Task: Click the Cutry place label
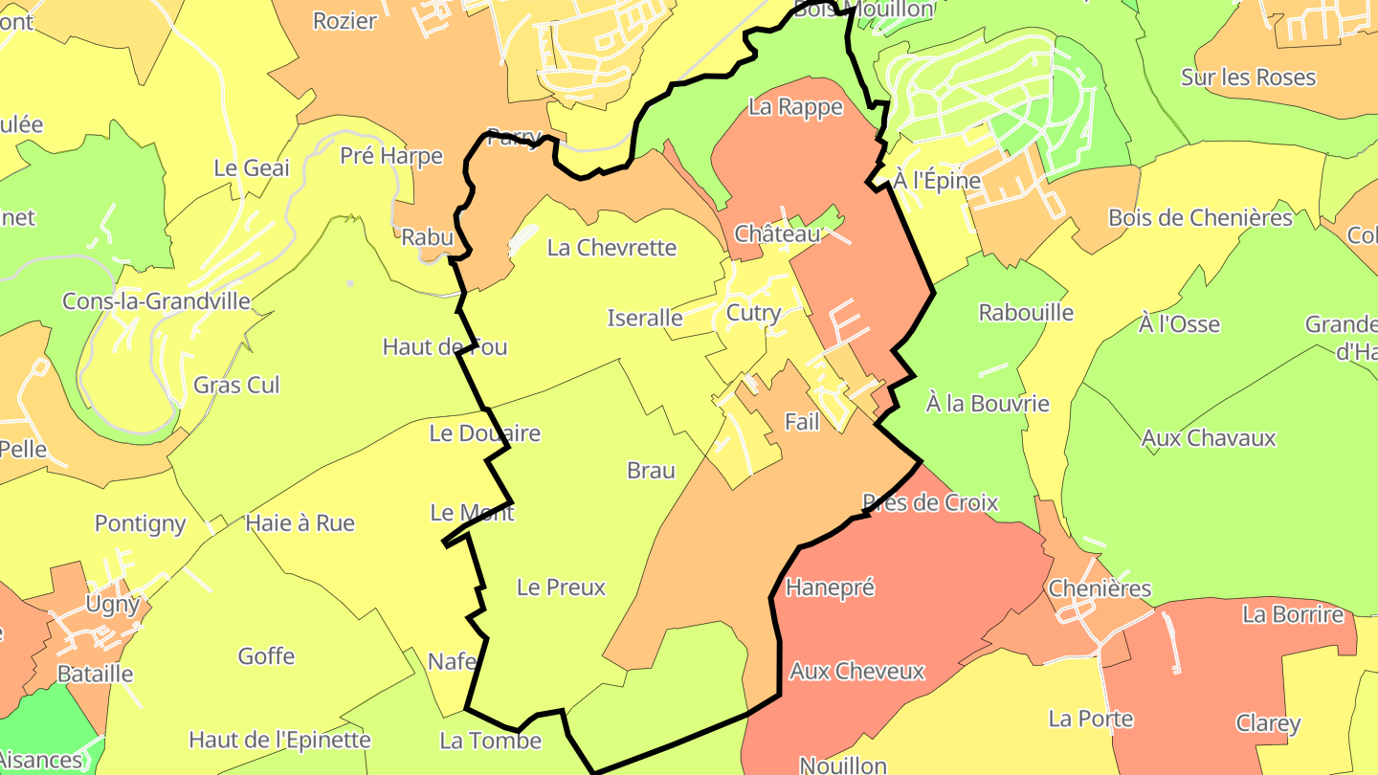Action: pos(754,313)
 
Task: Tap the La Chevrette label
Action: pos(611,248)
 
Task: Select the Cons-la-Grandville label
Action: pos(156,301)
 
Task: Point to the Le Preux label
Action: pos(561,587)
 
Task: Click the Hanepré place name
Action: pos(830,587)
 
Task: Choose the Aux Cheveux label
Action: pos(856,672)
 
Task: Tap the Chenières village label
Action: pos(1100,588)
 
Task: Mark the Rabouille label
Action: pos(1026,313)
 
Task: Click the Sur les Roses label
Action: pos(1248,77)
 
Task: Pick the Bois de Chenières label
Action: pos(1200,218)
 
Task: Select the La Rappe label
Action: pos(795,107)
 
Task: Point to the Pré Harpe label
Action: pos(391,156)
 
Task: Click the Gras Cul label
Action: pos(236,385)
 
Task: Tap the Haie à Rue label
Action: pos(300,523)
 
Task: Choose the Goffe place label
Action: pos(266,656)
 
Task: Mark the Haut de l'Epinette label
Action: pos(279,740)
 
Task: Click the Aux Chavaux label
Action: pos(1209,438)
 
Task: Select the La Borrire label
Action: pos(1293,614)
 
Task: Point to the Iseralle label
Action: pos(645,318)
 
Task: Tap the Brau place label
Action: pos(651,471)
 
